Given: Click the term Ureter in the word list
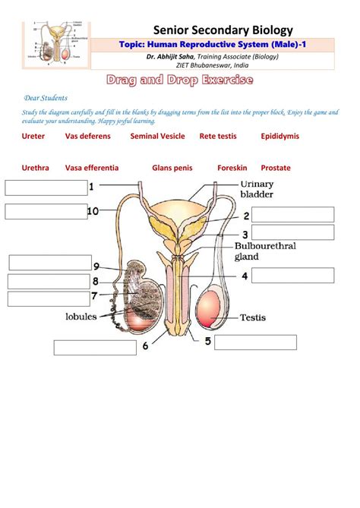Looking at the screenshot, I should pos(33,136).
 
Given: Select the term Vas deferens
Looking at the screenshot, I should pos(87,136).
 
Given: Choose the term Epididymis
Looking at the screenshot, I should pos(279,136).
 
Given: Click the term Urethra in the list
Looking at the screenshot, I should pos(36,168).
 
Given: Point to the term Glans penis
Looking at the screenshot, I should pos(172,168).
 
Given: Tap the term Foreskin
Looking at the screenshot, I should pos(232,168).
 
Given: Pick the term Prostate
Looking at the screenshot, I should pos(276,168).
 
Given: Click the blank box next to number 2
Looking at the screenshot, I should pos(292,214).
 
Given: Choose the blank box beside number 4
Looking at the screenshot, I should pos(292,276).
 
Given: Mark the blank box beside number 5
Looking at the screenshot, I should pos(254,342).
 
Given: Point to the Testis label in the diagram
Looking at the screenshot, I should pos(253,317).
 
